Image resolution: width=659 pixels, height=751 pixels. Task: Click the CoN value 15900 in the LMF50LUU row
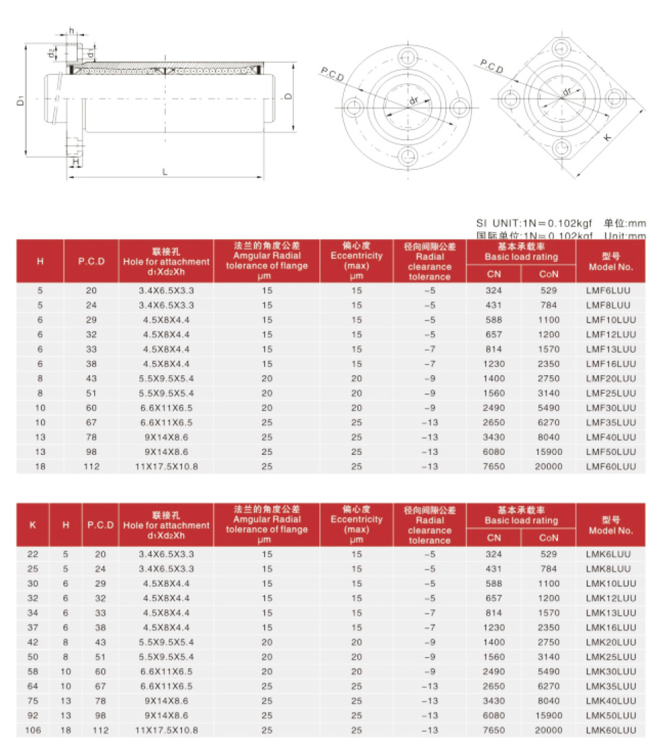click(x=549, y=452)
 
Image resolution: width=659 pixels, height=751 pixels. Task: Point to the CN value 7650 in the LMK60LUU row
click(x=493, y=730)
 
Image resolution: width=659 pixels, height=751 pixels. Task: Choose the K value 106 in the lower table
click(x=33, y=730)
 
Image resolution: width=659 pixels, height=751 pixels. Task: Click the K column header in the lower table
click(x=33, y=525)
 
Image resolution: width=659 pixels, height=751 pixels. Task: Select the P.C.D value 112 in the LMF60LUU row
click(x=91, y=467)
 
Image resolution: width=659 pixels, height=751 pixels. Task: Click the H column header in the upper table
click(x=40, y=261)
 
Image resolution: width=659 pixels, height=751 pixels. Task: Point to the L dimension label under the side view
click(x=164, y=172)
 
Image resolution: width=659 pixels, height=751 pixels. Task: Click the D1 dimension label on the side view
click(x=21, y=101)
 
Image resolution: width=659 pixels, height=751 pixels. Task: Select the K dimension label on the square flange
click(x=608, y=137)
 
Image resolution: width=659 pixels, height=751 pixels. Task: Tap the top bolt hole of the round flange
click(x=407, y=56)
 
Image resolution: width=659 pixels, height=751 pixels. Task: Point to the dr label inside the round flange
click(x=413, y=102)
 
